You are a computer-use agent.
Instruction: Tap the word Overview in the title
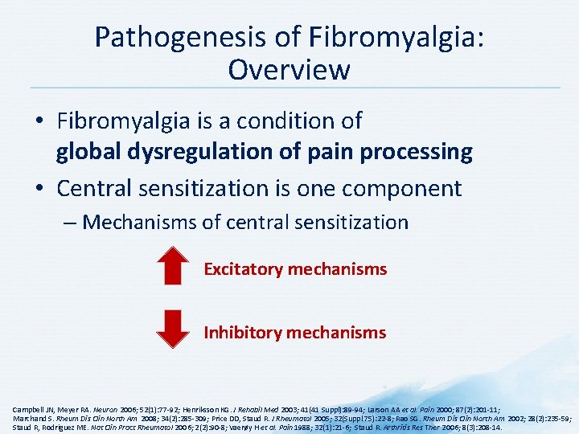click(289, 69)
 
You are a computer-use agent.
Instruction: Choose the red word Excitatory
click(240, 269)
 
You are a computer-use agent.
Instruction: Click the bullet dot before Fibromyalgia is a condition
click(39, 121)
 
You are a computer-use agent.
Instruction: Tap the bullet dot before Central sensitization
click(39, 188)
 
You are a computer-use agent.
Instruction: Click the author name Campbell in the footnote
click(28, 409)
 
